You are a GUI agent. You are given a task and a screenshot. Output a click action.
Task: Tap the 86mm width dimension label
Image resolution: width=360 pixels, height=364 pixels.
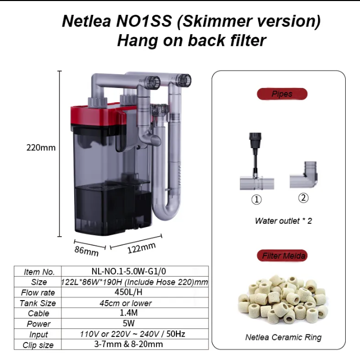click(x=86, y=252)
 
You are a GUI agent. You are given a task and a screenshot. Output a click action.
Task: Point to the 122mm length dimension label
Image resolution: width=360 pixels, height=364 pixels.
click(x=142, y=247)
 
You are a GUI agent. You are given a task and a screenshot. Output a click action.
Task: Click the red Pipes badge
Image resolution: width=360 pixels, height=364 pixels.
click(x=282, y=94)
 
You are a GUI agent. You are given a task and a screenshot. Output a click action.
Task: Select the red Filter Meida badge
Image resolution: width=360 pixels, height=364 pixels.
click(x=282, y=256)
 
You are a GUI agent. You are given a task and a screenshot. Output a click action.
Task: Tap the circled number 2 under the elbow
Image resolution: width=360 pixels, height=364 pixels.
click(x=303, y=197)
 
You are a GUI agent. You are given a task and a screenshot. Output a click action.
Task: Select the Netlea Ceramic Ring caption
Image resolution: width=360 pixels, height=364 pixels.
click(x=283, y=337)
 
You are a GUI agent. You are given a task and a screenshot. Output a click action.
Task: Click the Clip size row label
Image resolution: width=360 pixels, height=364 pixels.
click(x=38, y=345)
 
